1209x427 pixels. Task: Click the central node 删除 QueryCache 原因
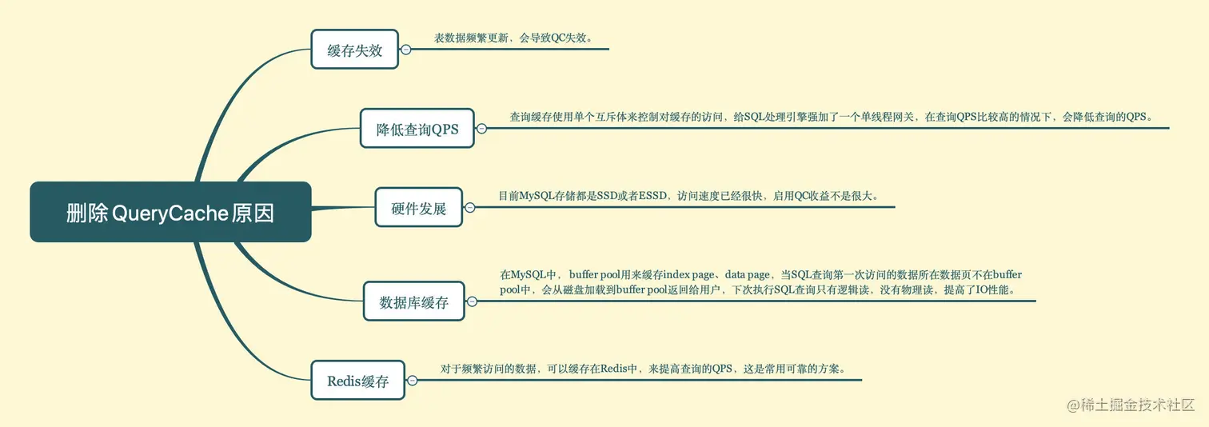point(170,213)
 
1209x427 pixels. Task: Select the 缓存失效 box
point(354,50)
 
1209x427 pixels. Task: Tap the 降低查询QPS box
point(417,129)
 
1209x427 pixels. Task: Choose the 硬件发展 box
point(418,208)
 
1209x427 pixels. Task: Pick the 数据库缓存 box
point(413,301)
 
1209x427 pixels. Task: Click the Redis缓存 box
point(357,381)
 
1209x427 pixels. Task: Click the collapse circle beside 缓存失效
point(405,50)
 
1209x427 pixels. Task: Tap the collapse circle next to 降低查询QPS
point(481,128)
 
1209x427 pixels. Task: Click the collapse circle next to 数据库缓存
point(472,301)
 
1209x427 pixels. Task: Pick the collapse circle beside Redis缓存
point(412,381)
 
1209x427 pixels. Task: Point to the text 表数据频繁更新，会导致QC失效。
point(513,38)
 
